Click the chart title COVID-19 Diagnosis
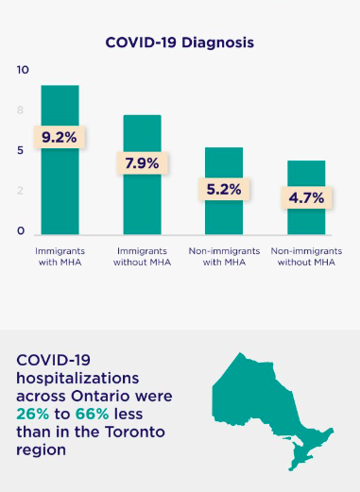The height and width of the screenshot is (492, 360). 180,42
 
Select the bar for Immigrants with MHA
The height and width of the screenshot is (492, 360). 60,189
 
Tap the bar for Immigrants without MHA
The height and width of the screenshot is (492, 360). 142,203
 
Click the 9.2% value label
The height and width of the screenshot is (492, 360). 60,137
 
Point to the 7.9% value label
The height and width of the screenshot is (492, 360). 142,163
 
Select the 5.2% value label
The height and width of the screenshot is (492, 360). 224,189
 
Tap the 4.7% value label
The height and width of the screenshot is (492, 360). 306,197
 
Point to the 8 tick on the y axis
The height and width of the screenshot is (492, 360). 21,110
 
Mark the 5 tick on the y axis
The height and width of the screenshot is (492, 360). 21,151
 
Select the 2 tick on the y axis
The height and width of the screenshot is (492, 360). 21,192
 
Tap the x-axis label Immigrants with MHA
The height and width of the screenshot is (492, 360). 60,256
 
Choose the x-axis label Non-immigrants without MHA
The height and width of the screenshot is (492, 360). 306,256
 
